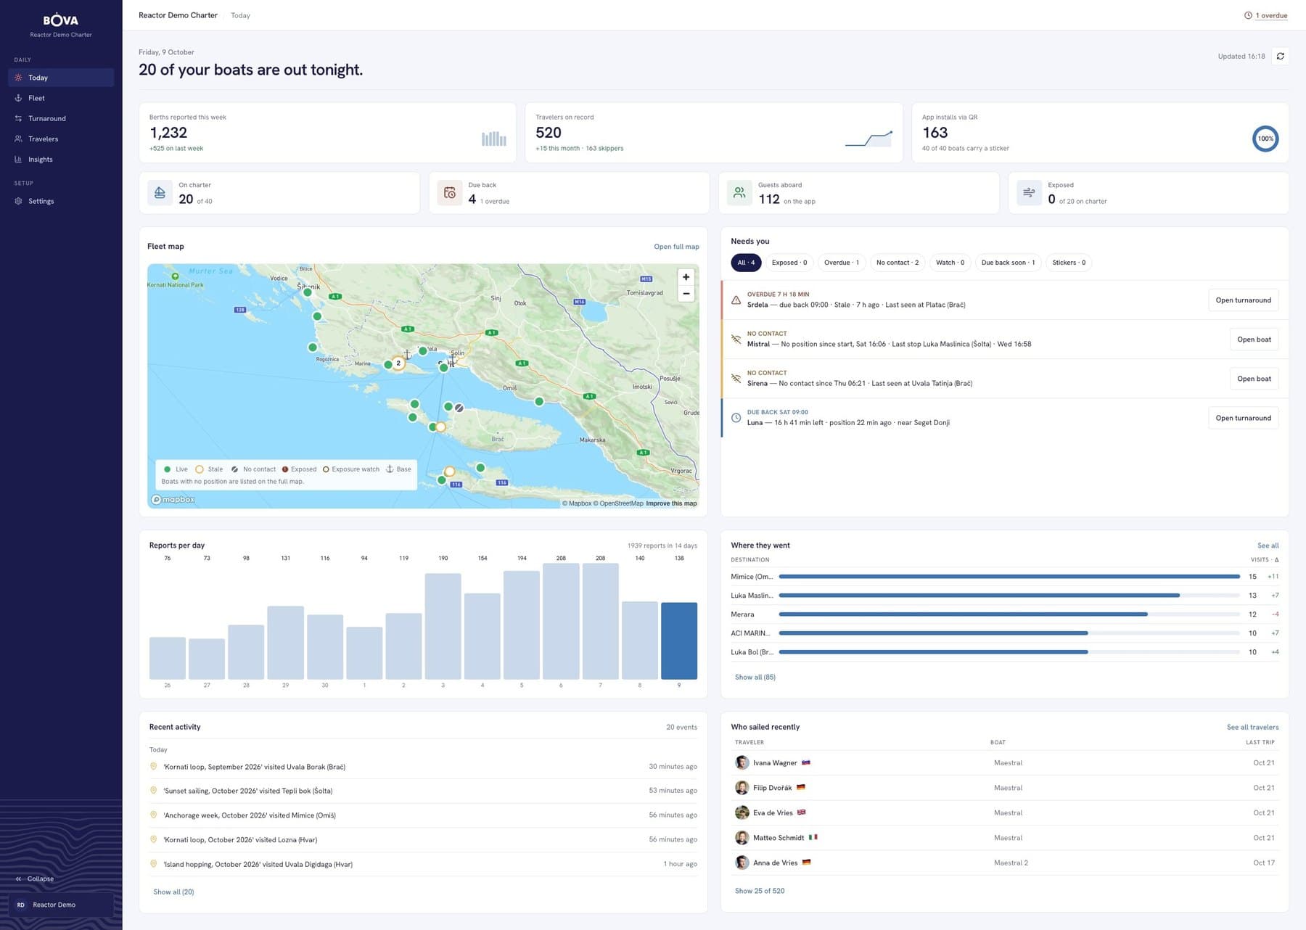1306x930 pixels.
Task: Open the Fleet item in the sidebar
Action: click(36, 98)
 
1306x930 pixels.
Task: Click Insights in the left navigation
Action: click(40, 159)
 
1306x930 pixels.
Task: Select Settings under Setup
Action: click(41, 201)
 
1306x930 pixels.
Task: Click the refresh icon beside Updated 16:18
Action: click(1281, 56)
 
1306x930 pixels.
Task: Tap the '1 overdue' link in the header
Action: click(1271, 15)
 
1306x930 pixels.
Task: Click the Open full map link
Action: click(676, 247)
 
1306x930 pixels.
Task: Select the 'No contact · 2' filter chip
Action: click(897, 263)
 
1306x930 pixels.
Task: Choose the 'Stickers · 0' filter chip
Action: click(1069, 263)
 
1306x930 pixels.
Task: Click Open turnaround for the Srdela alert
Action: click(1243, 300)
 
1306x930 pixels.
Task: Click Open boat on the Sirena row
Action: click(1254, 379)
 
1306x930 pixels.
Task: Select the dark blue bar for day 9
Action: click(679, 641)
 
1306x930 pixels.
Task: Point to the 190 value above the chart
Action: click(443, 558)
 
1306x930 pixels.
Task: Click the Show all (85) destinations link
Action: click(755, 677)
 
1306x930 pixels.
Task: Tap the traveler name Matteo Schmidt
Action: click(779, 838)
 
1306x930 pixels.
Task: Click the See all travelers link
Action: click(1253, 727)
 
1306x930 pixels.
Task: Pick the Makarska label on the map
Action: click(592, 440)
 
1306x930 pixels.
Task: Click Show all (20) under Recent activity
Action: click(173, 892)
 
